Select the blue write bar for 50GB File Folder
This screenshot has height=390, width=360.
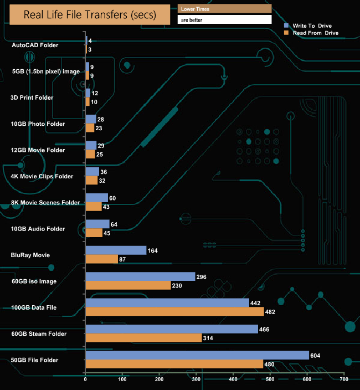click(197, 355)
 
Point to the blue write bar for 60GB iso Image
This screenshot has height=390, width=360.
click(140, 276)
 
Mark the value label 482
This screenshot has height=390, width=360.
click(273, 311)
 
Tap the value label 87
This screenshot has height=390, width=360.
click(124, 259)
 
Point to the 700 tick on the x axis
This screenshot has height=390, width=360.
click(344, 379)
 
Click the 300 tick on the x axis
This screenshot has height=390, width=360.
click(196, 379)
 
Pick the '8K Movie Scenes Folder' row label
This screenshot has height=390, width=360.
click(45, 203)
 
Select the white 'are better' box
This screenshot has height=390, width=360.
click(224, 19)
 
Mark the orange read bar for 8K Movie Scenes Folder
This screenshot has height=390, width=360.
click(93, 207)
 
